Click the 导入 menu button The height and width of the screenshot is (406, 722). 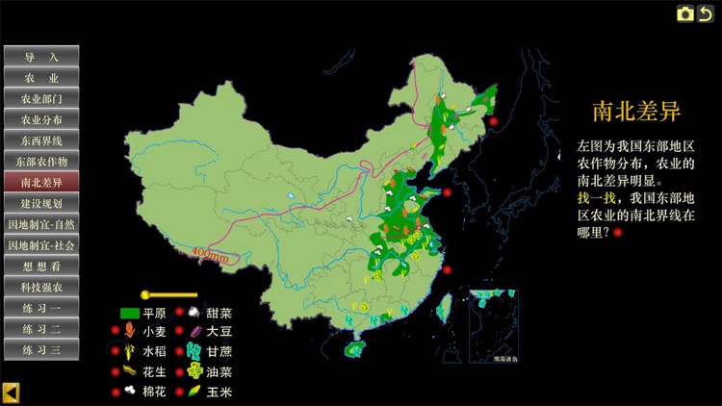pos(41,57)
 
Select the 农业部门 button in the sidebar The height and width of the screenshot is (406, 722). pos(41,98)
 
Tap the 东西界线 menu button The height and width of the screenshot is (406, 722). pos(41,140)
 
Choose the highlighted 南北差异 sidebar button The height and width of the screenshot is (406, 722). pos(41,182)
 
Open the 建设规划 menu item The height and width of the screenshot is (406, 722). pos(41,203)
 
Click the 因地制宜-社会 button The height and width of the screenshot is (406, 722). pos(41,245)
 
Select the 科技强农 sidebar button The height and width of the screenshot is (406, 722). pos(41,287)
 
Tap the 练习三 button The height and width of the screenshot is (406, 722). pos(41,349)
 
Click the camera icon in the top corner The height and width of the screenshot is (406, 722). pos(685,13)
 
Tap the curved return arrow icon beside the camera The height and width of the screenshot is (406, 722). pos(707,13)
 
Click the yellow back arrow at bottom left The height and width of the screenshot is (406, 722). pos(11,393)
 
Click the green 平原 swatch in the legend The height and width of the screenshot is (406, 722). pos(129,313)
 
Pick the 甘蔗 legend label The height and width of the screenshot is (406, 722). pos(219,351)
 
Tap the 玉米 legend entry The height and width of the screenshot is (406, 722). pos(219,392)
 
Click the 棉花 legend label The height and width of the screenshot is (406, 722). pos(154,392)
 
